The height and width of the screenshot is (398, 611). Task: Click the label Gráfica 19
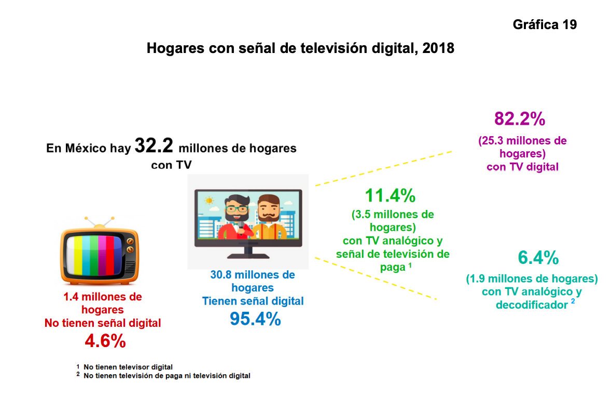click(x=545, y=24)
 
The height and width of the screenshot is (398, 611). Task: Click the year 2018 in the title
click(x=438, y=48)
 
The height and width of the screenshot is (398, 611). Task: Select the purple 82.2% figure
click(x=519, y=119)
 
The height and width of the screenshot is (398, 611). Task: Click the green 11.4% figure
click(x=390, y=196)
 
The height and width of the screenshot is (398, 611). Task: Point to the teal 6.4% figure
click(x=538, y=257)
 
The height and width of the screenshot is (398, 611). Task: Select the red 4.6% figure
click(x=105, y=341)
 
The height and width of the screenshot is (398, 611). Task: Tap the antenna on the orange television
click(x=98, y=223)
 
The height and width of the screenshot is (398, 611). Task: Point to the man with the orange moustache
click(x=268, y=218)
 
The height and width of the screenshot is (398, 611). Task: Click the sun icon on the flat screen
click(x=209, y=200)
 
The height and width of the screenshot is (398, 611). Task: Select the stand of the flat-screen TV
click(x=248, y=253)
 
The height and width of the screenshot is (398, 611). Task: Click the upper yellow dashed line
click(x=384, y=168)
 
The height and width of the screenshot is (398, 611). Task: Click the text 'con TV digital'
click(x=522, y=167)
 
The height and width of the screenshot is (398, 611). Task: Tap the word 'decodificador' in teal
click(x=532, y=305)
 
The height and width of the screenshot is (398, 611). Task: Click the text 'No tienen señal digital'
click(x=103, y=323)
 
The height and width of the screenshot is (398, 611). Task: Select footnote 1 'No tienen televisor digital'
click(x=128, y=367)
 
